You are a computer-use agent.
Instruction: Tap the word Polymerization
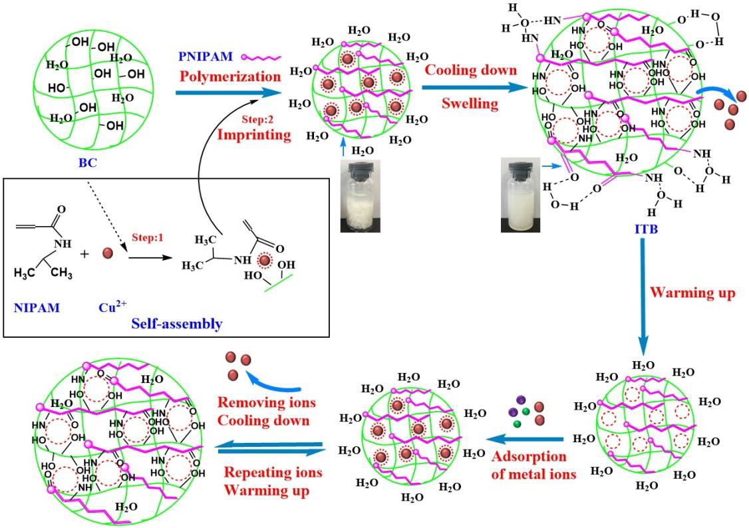click(x=230, y=76)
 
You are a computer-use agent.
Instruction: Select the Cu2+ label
click(x=113, y=308)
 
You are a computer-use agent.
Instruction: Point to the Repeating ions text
click(x=273, y=473)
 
